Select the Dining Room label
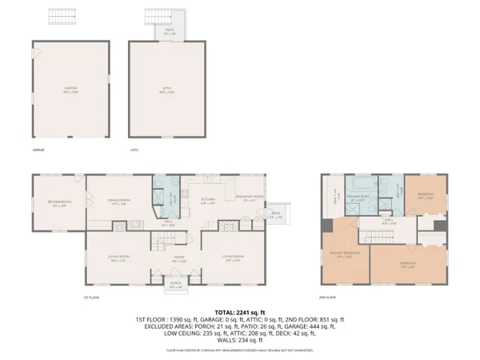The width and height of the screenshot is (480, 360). tap(119, 203)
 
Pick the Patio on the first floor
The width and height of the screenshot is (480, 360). tap(275, 214)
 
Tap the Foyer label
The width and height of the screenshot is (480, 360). tap(180, 259)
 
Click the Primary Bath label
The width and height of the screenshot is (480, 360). tap(357, 198)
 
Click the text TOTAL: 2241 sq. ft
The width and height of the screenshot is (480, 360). tap(239, 311)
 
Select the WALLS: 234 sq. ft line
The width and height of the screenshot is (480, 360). tap(239, 339)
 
